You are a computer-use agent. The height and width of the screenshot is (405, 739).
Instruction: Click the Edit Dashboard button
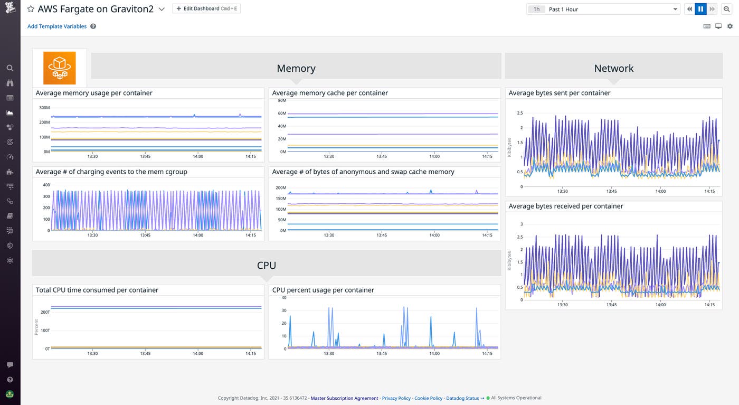tap(206, 9)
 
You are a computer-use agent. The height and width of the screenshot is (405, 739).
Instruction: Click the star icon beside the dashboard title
tap(31, 10)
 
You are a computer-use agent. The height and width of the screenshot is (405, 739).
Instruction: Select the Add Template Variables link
tap(57, 26)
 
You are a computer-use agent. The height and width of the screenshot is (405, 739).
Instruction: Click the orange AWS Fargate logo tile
tap(60, 68)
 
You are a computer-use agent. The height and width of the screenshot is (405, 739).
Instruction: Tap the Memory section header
tap(296, 68)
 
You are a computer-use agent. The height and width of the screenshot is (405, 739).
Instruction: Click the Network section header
tap(613, 68)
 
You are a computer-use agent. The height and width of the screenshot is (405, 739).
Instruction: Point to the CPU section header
tap(267, 265)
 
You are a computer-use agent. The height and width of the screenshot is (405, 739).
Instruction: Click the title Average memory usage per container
tap(94, 93)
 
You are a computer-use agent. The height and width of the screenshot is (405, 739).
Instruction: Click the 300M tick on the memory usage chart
tap(44, 107)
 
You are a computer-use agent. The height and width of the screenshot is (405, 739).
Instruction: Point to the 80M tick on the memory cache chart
tap(281, 100)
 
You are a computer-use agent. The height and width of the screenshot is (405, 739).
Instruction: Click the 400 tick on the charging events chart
tap(46, 185)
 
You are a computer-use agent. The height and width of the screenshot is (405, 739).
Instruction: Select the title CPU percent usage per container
tap(323, 290)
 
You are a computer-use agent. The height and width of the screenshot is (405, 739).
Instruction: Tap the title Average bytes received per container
tap(566, 206)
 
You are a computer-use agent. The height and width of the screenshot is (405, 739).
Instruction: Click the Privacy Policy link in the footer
tap(396, 398)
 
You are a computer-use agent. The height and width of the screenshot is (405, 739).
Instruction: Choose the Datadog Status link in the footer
tap(462, 398)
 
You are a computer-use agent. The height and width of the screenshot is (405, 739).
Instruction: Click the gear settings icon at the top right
tap(730, 26)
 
